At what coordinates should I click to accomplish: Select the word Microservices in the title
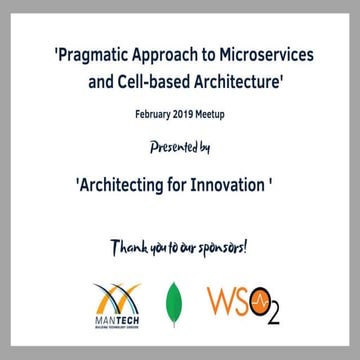[265, 54]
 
